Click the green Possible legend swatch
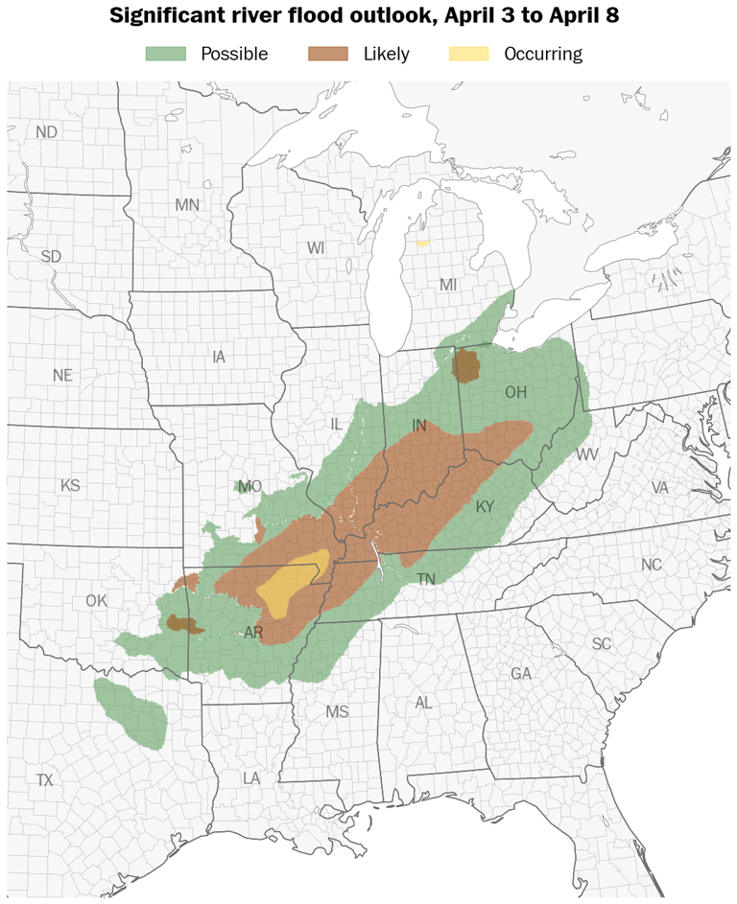[165, 54]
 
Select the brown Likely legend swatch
[327, 54]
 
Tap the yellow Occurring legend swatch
[468, 54]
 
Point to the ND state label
[46, 132]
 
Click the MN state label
[187, 204]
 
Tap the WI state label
[317, 248]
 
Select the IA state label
[219, 357]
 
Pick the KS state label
[70, 485]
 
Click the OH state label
[515, 392]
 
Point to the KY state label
[484, 506]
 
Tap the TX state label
[44, 780]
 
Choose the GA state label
[521, 674]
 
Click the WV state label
[587, 454]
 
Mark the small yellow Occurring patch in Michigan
[422, 243]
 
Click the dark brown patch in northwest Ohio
[467, 364]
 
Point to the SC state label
[602, 643]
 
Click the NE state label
[62, 376]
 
